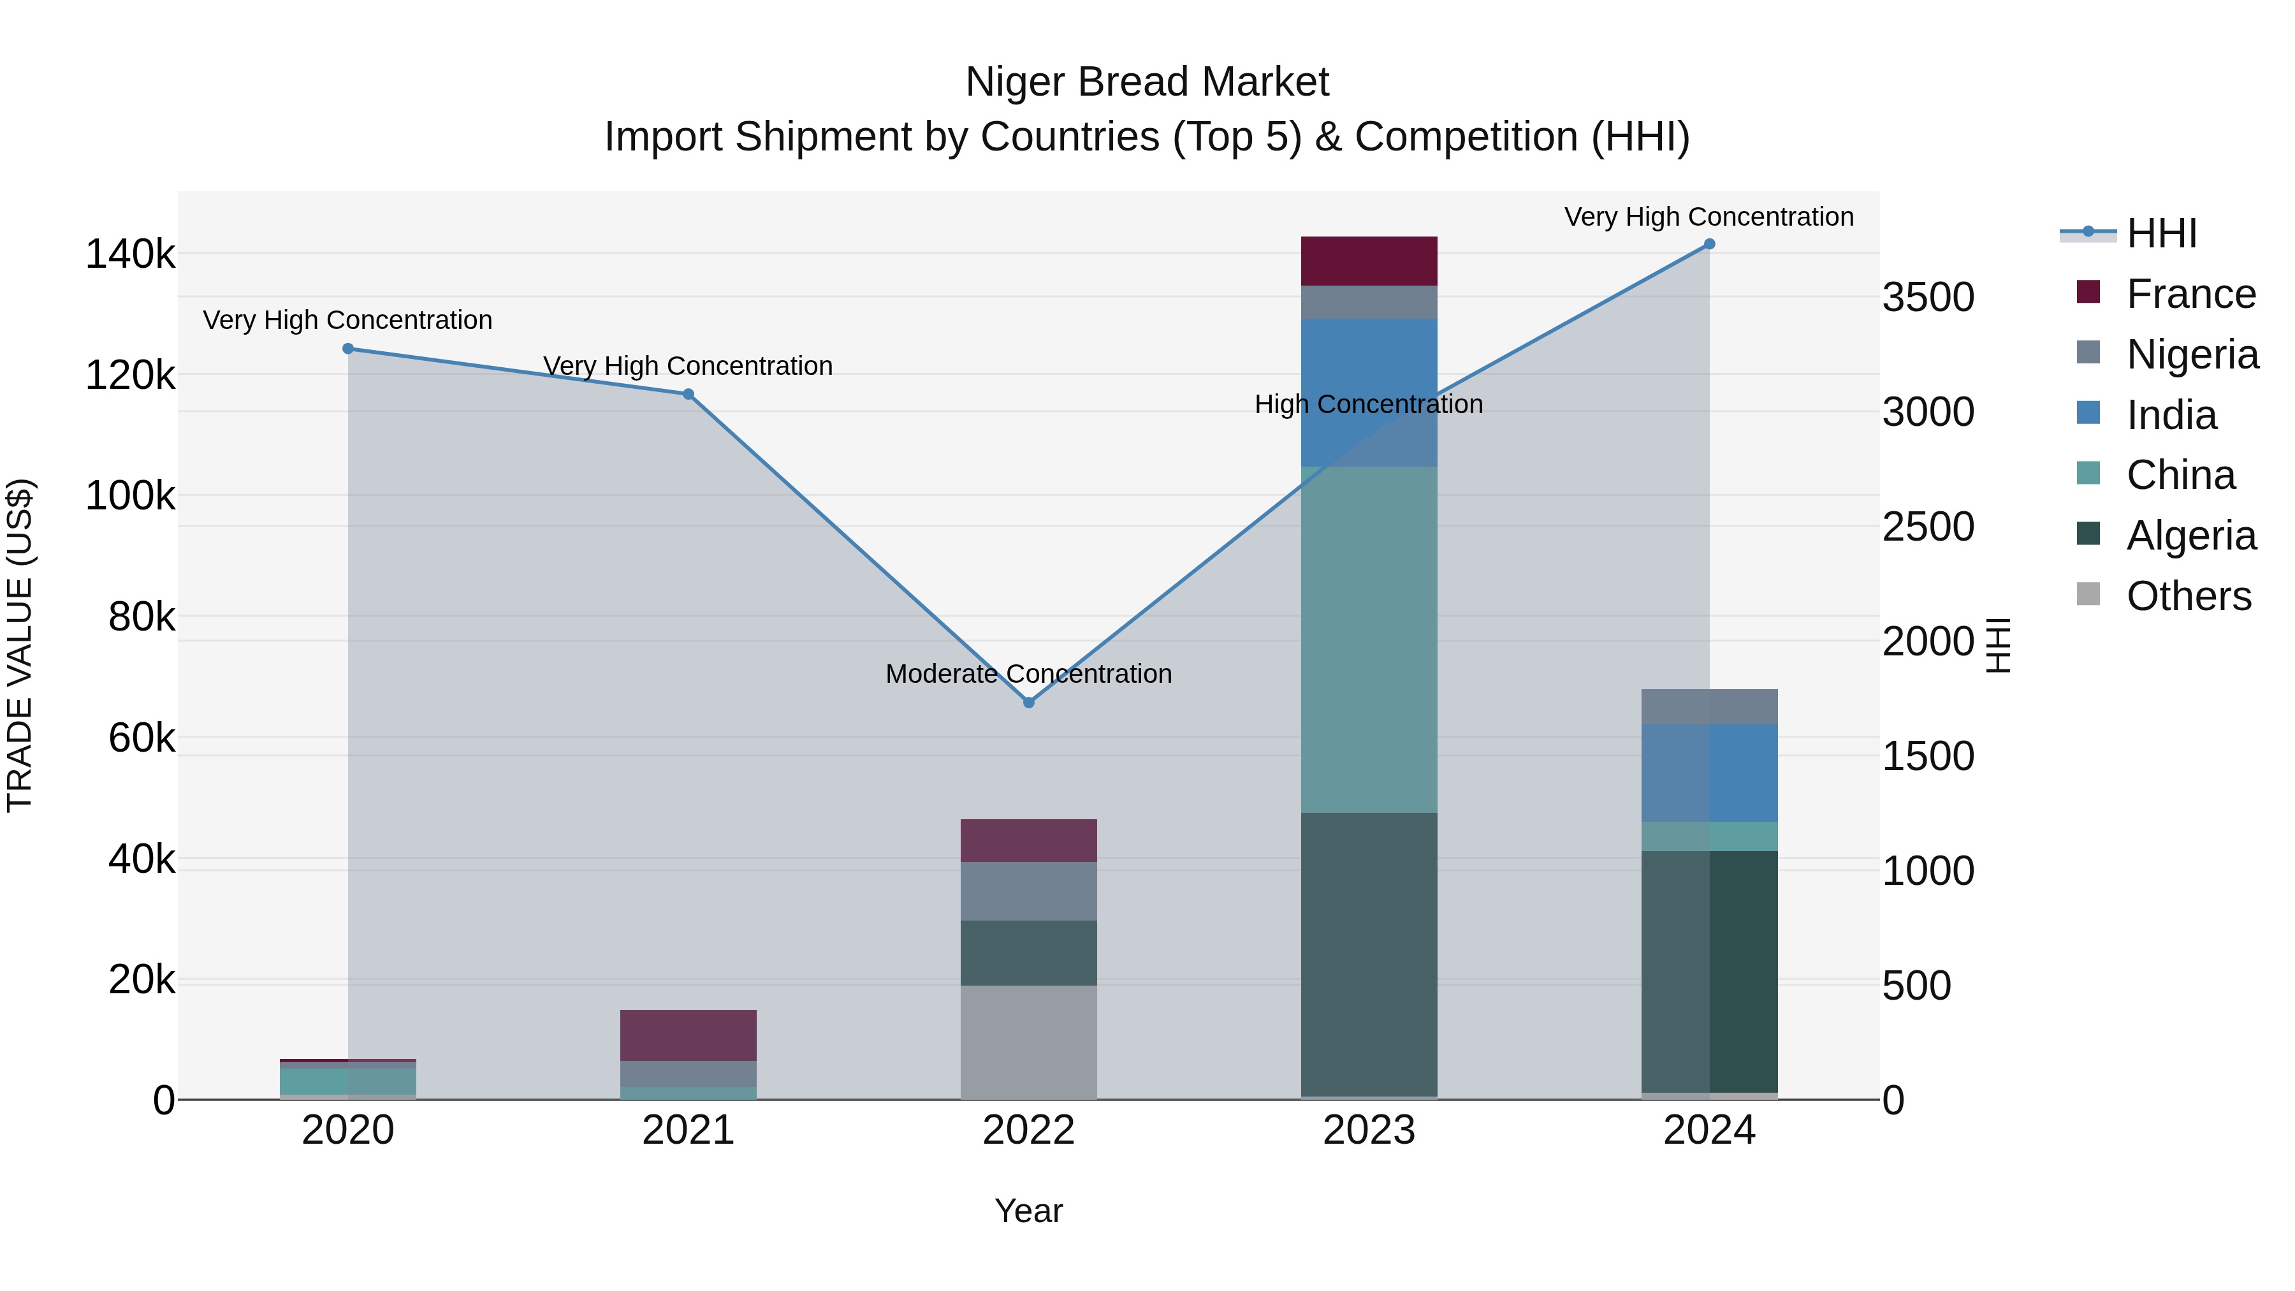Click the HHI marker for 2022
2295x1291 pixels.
1028,702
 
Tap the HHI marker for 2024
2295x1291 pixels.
1708,244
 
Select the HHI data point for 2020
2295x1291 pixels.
347,348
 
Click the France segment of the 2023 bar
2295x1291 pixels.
1369,261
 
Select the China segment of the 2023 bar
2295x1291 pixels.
1369,639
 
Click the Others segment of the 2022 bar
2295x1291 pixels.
1028,1042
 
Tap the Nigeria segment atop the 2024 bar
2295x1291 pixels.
1708,706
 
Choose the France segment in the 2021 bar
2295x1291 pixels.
688,1035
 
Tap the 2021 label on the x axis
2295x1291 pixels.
688,1130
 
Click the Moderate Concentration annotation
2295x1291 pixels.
1028,674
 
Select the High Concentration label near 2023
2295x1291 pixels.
1369,404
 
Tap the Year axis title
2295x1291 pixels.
1028,1211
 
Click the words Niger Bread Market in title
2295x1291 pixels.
1147,82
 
